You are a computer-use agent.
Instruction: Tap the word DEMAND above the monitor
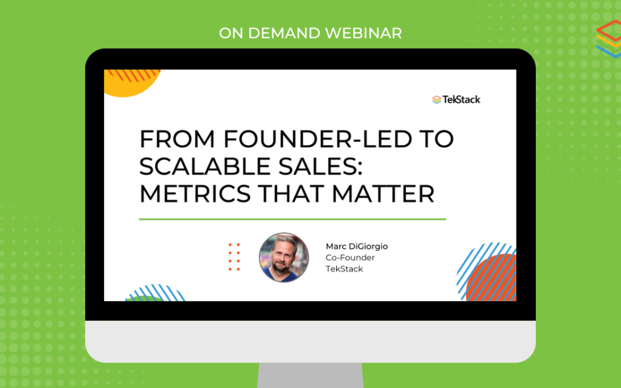283,33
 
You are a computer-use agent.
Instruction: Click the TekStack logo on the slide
456,99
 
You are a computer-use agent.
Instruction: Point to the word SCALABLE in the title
205,166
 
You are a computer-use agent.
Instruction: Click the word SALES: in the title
320,166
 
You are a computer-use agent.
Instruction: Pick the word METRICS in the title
195,194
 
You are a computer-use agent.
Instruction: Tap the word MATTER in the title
383,194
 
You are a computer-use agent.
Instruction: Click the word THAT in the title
291,194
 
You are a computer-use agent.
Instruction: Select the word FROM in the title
177,139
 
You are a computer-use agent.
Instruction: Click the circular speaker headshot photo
283,258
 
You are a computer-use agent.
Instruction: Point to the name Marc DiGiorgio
356,246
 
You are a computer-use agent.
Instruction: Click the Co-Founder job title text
350,258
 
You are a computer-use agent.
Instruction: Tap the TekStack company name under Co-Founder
344,269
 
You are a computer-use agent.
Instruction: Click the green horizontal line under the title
292,219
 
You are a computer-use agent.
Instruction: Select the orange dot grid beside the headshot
234,258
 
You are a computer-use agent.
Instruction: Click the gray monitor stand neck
310,375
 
